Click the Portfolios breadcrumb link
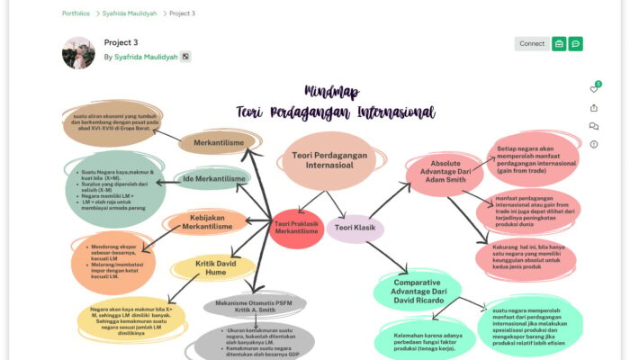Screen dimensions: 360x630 [76, 13]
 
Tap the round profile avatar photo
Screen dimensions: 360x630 [78, 53]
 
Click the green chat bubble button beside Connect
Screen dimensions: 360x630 [575, 43]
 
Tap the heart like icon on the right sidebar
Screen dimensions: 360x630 [593, 89]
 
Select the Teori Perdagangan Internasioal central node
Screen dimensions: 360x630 [328, 159]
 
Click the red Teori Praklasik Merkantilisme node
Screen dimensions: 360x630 [297, 228]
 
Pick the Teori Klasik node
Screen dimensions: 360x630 [355, 228]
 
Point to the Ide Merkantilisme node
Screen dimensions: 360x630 [214, 178]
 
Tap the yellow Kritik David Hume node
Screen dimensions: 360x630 [213, 265]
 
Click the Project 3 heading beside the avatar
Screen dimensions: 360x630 [121, 42]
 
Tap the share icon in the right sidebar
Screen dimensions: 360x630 [593, 108]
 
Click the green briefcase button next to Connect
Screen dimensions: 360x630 [559, 43]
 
